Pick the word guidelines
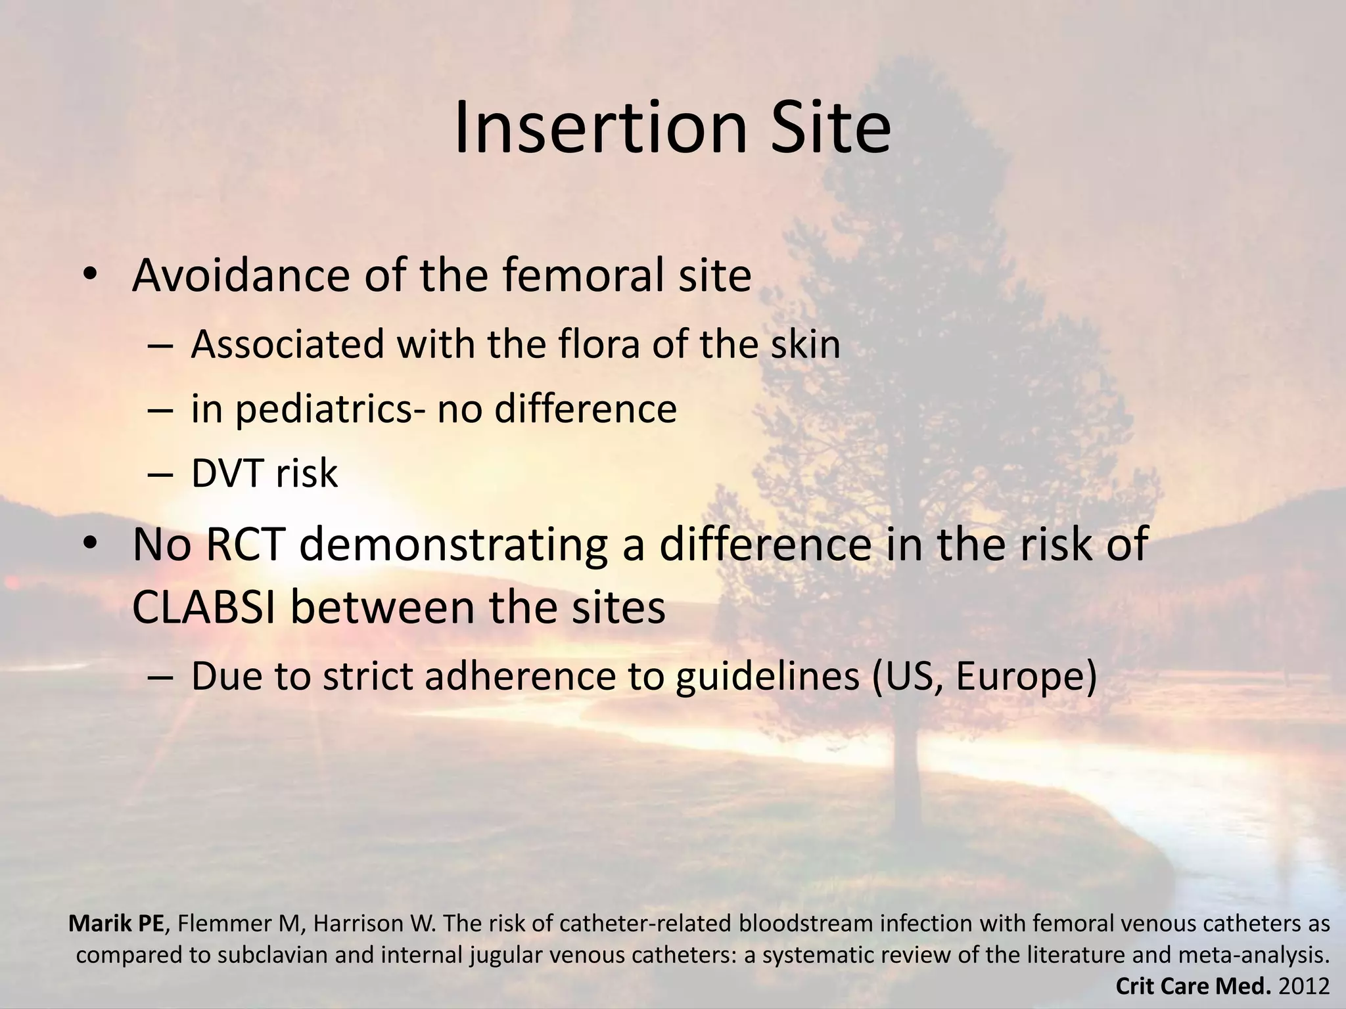(766, 677)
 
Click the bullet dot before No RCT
(90, 545)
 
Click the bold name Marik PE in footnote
(116, 924)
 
